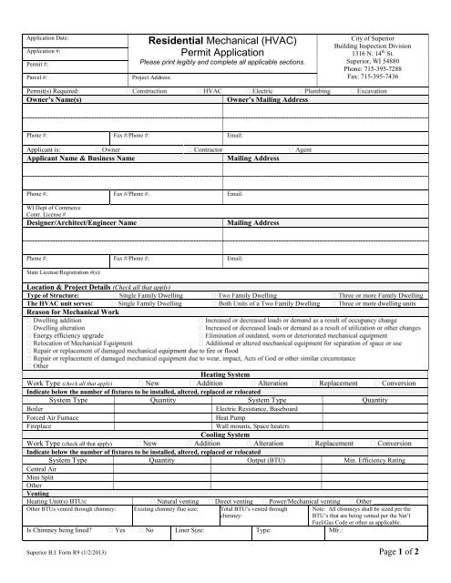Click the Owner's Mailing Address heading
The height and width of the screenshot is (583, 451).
tap(272, 101)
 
